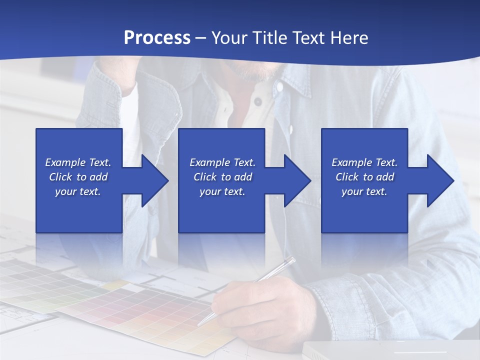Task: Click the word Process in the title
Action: pos(157,38)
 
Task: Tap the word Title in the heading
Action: pos(269,38)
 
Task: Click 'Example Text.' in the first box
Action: pos(78,162)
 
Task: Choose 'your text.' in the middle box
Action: pos(222,191)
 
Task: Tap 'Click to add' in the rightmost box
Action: pos(364,177)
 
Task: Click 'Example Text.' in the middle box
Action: pos(222,162)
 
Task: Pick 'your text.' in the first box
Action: pos(78,191)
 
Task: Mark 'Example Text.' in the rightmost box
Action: pos(364,162)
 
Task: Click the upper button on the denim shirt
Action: pos(257,101)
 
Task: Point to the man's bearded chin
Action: pos(255,72)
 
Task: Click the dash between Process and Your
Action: pos(201,38)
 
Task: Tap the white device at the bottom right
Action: pos(390,350)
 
